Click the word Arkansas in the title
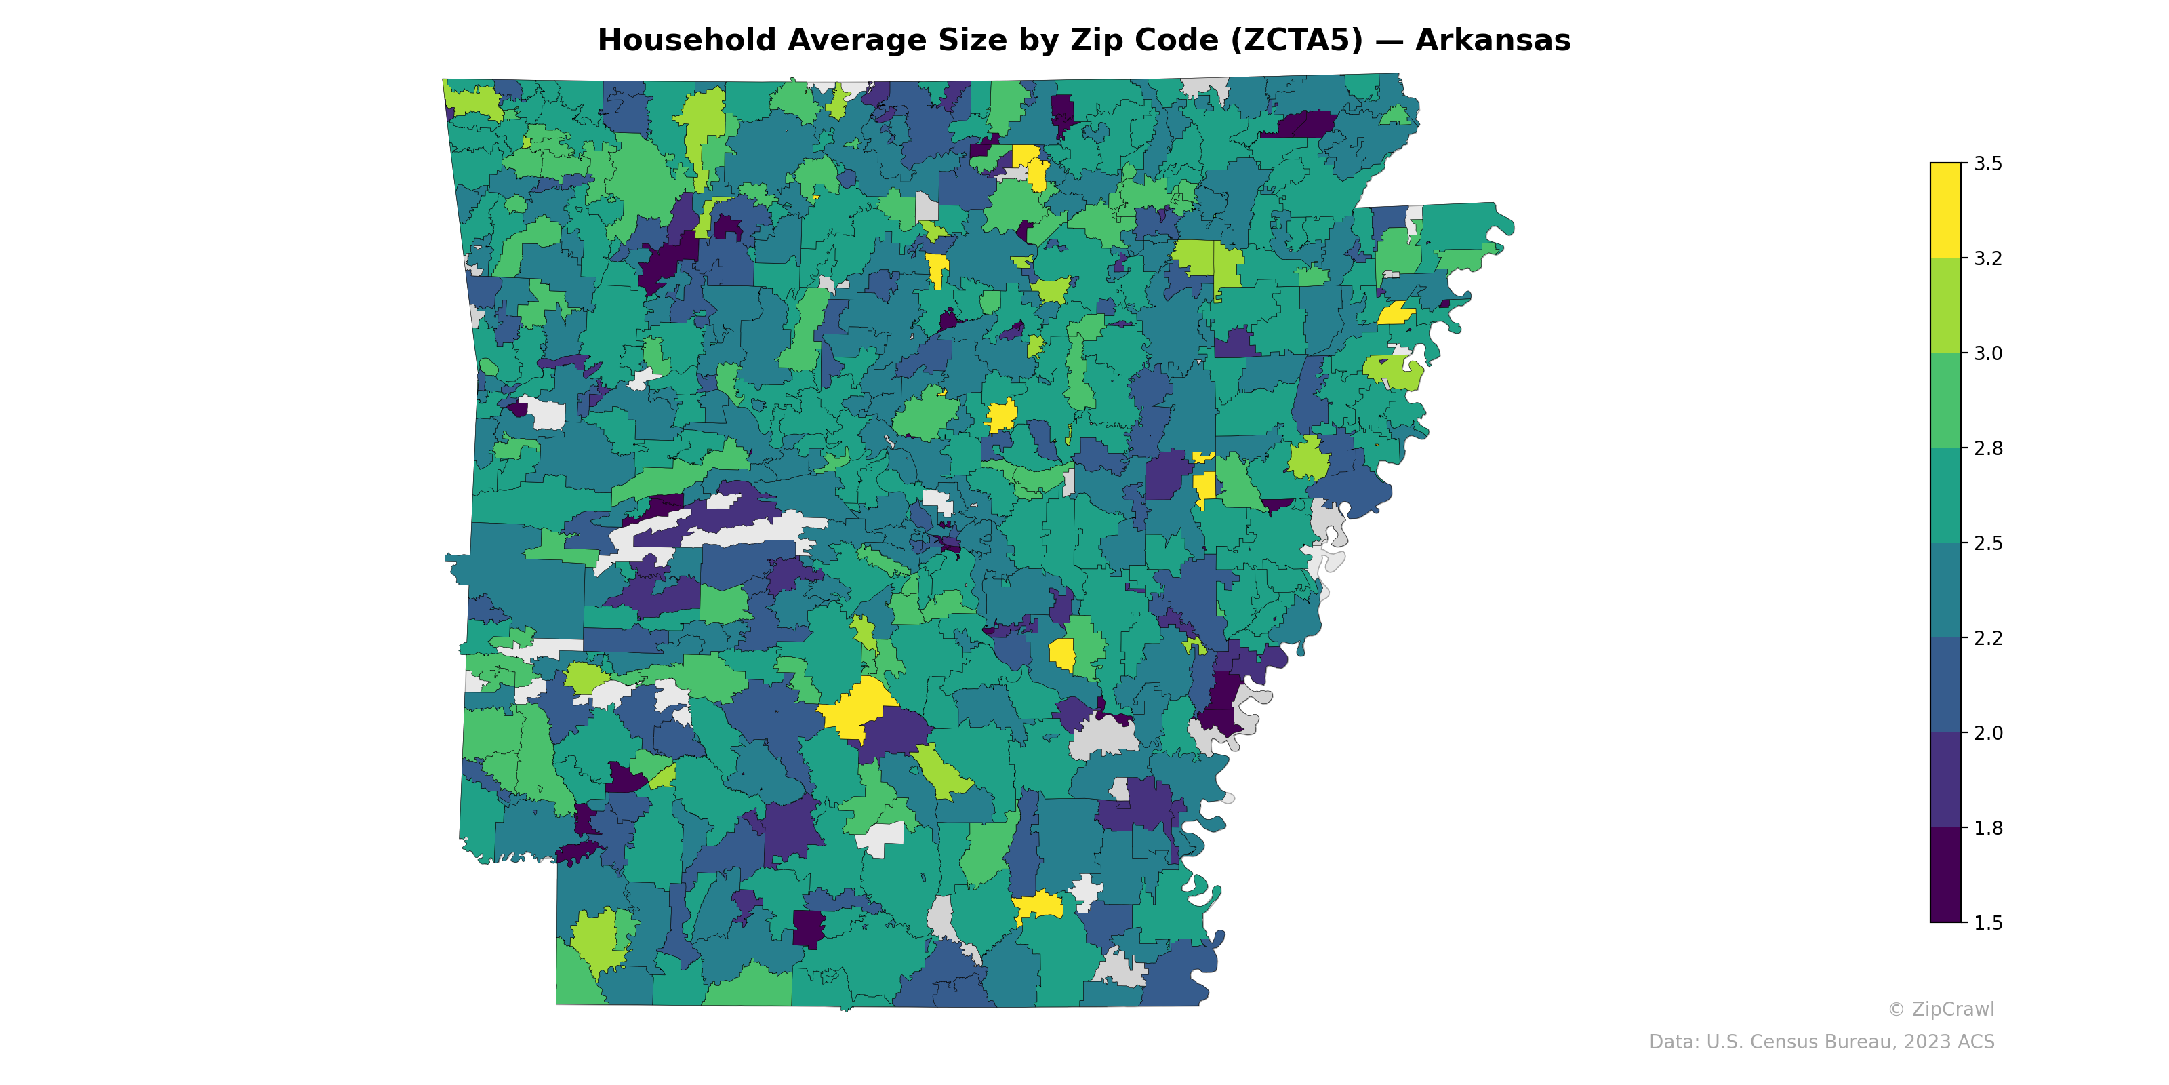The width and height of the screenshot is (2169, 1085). (1492, 41)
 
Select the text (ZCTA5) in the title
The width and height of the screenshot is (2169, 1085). (1297, 41)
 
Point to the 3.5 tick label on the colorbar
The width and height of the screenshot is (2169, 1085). (1988, 163)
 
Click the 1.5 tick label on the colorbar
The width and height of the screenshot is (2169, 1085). (1988, 923)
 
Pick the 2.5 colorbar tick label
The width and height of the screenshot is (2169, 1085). (1988, 543)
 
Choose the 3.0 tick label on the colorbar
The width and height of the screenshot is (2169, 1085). (1988, 353)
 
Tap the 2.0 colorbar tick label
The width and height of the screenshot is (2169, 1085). (1988, 733)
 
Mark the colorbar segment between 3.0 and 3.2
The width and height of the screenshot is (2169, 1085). (1945, 305)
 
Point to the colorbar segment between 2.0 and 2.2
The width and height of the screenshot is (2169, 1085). (1945, 685)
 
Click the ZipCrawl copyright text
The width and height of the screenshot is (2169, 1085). (1941, 1009)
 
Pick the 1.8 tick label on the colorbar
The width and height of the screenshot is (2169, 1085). (1988, 828)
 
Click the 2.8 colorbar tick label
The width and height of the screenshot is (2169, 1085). (1988, 448)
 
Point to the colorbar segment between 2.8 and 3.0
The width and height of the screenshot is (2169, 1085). (1945, 400)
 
